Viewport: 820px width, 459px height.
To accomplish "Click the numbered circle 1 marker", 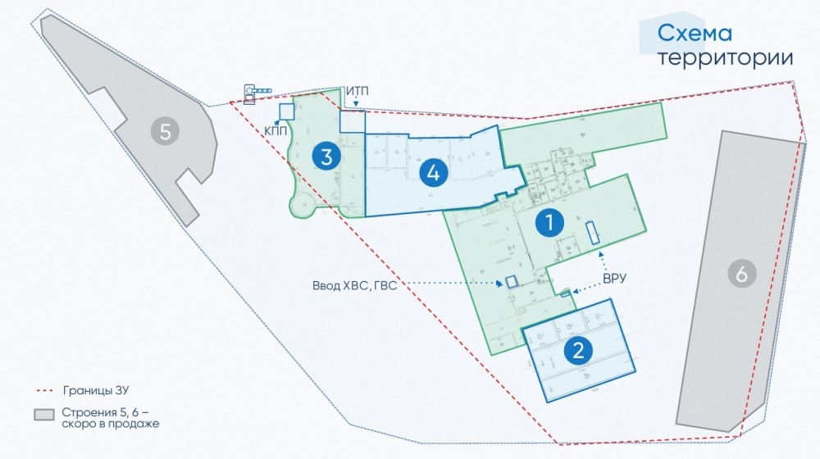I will tap(549, 222).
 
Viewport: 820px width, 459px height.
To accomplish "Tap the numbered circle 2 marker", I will tap(579, 351).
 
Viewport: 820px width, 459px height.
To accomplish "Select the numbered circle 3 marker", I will tap(326, 156).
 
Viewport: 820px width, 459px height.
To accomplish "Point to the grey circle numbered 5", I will tap(166, 131).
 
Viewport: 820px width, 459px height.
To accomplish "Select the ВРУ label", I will tap(614, 279).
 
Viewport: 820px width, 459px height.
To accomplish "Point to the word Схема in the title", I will tap(695, 34).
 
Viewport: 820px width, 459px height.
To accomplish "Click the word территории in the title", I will tap(726, 58).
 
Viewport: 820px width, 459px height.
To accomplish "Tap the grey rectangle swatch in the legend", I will tap(43, 415).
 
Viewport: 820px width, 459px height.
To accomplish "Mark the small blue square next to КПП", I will tap(286, 111).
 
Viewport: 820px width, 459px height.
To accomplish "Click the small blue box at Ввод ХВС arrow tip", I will tap(512, 281).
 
